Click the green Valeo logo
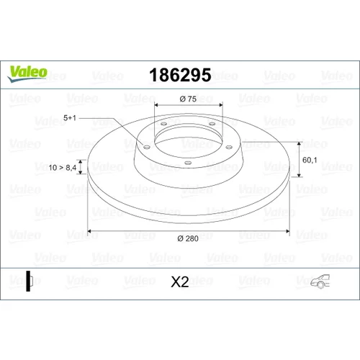27,73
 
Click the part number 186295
180,75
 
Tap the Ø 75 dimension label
188,99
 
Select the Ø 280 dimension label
188,238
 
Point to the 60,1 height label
310,160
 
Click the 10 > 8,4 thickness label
63,168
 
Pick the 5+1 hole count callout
70,118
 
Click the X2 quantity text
180,282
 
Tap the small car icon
320,281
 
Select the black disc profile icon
30,281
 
